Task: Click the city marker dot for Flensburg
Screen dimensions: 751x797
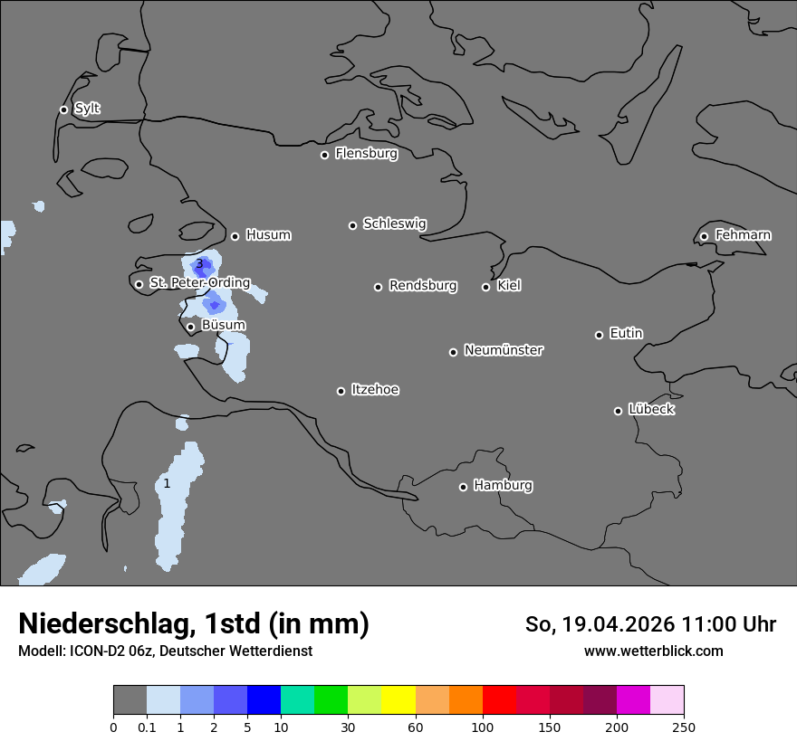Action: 324,155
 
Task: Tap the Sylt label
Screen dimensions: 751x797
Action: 87,109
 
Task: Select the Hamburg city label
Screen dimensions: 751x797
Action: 503,486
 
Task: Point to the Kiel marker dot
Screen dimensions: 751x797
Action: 485,287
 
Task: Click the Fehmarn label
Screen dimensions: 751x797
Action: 743,235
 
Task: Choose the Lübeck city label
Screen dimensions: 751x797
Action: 651,410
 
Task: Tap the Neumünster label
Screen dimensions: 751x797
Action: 504,350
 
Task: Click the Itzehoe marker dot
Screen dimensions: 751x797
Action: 341,391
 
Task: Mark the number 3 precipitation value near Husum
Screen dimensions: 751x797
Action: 199,264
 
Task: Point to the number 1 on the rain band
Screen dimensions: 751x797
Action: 167,484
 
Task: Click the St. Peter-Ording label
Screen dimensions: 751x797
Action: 199,283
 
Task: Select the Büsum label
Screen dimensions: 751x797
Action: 223,325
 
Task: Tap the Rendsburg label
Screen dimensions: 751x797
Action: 422,286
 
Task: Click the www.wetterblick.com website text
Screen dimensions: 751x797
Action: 653,651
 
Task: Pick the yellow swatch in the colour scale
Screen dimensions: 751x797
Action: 398,700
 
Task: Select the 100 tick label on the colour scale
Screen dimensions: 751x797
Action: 483,727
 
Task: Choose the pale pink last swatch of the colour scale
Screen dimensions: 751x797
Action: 667,700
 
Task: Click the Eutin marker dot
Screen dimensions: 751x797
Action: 599,335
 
